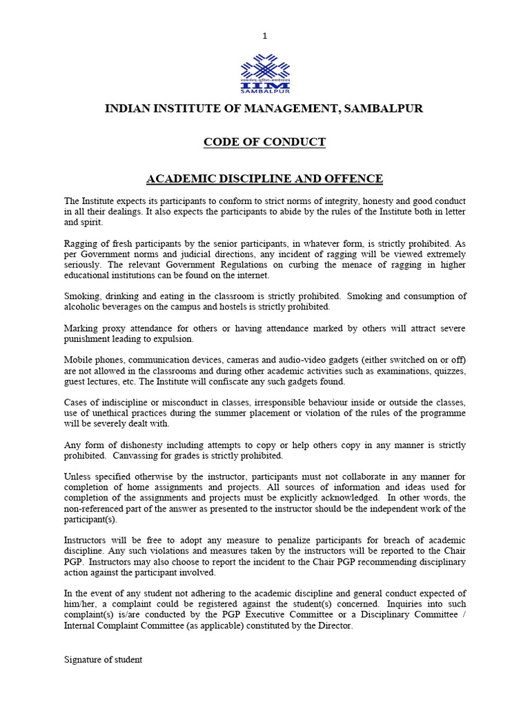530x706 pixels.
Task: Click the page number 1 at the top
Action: tap(264, 36)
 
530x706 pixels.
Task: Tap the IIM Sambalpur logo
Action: tap(265, 73)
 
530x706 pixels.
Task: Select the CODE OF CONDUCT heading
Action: tap(264, 142)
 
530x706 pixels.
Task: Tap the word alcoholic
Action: tap(83, 307)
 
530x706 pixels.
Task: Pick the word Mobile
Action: tap(79, 360)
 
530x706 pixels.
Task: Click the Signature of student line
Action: tap(104, 659)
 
